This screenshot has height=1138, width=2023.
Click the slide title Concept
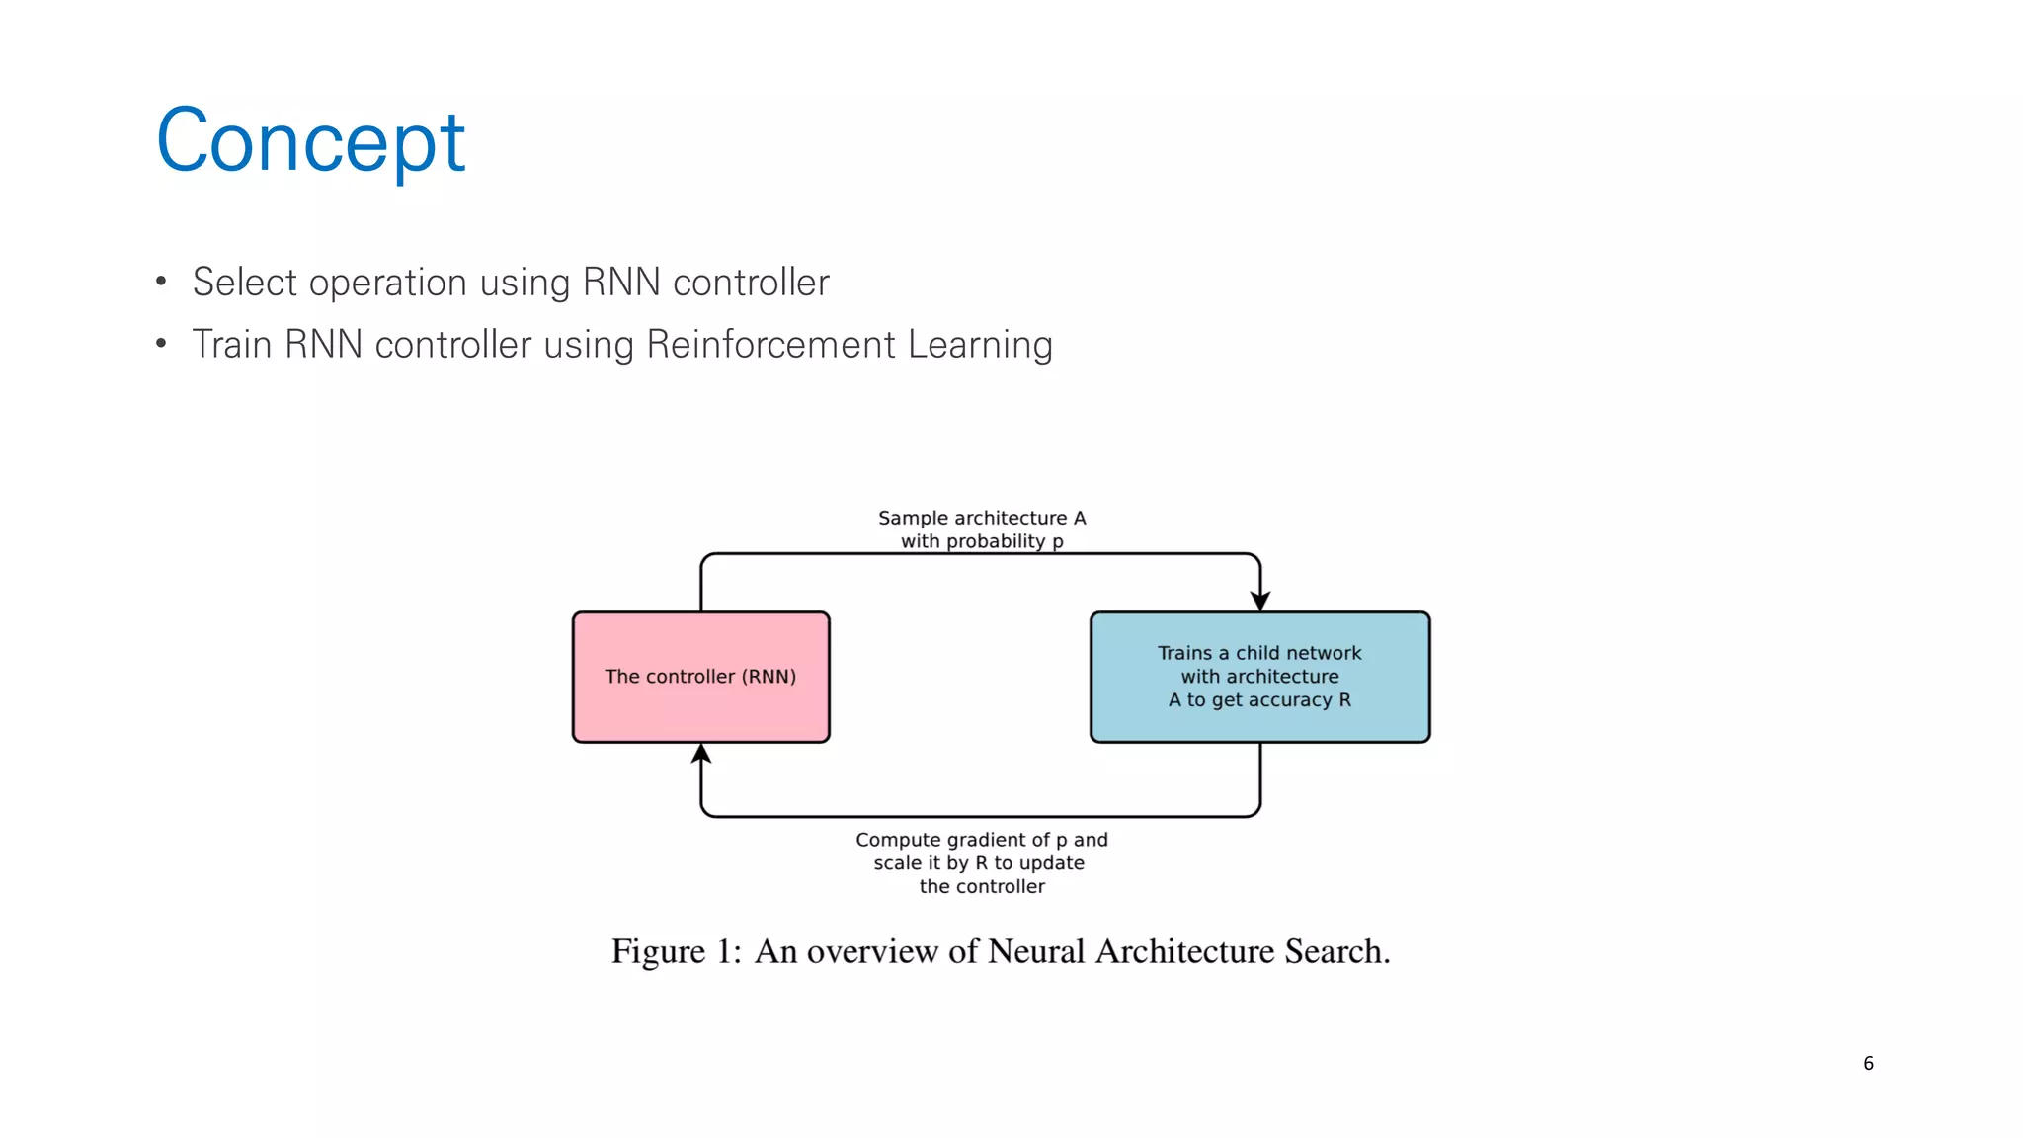[x=310, y=141]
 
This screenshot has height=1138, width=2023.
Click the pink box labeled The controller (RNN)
[x=700, y=677]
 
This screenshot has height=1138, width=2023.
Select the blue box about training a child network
[x=1259, y=677]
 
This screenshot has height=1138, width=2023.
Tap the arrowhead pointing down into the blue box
[x=1260, y=601]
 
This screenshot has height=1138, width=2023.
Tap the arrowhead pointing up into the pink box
[x=701, y=755]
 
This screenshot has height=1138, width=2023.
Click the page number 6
[x=1868, y=1063]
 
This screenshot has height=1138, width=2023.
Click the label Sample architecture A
[x=982, y=518]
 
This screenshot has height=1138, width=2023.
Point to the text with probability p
[x=982, y=541]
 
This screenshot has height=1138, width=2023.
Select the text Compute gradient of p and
[x=982, y=840]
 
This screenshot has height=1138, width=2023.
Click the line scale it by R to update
[x=979, y=863]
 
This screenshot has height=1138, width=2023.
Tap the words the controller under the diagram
[x=982, y=887]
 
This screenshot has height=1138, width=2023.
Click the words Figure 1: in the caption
[x=676, y=951]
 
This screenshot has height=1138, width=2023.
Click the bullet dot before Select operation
[x=161, y=283]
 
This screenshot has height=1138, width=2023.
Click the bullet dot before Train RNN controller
[x=161, y=345]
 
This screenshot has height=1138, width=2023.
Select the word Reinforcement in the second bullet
[x=770, y=345]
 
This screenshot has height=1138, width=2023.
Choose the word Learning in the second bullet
[x=980, y=345]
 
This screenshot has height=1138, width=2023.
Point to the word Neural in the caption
[x=1036, y=951]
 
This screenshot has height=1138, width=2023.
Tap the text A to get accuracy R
[x=1259, y=700]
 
